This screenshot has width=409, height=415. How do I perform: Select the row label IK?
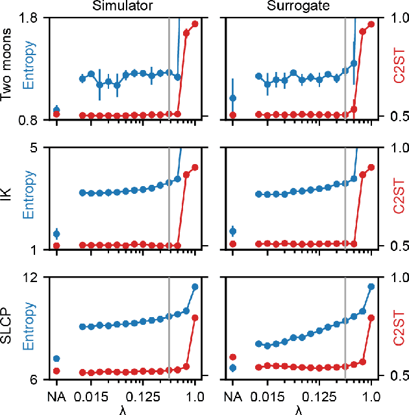click(8, 198)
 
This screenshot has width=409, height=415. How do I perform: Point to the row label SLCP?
click(8, 328)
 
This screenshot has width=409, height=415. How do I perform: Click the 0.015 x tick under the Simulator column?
click(90, 396)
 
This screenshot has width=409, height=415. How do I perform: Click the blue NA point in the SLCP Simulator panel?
click(56, 359)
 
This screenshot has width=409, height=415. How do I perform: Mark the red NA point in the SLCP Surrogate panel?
click(233, 357)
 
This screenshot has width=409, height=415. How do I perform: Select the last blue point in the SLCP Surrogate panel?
click(371, 286)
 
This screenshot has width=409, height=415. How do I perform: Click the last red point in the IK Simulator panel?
click(195, 167)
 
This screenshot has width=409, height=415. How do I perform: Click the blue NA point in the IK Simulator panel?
click(56, 233)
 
